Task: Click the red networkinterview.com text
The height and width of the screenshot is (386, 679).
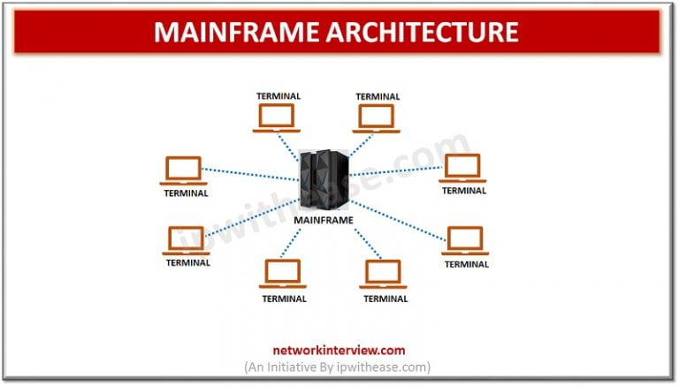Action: (x=339, y=350)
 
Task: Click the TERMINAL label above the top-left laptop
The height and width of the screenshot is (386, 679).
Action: (x=278, y=95)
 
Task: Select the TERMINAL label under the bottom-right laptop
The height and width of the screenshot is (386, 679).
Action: (x=385, y=299)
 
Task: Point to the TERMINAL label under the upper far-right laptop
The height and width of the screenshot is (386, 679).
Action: (x=464, y=190)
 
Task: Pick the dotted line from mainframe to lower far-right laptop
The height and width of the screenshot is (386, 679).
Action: (x=398, y=221)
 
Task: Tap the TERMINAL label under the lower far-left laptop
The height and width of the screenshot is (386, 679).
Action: (x=187, y=262)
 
